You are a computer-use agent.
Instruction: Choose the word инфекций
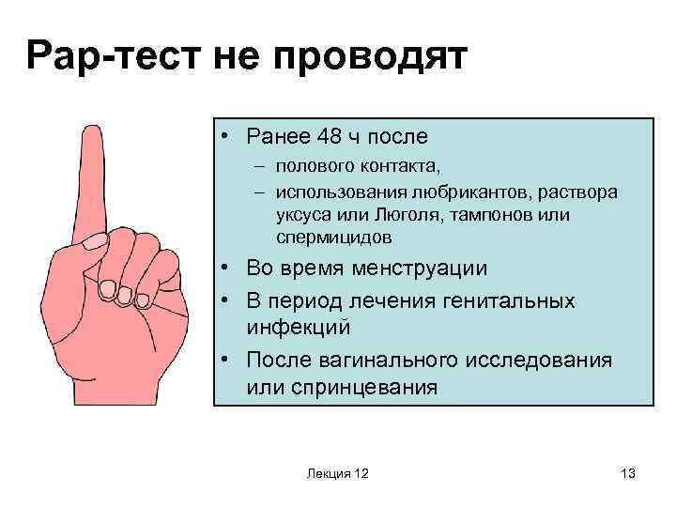[x=299, y=328]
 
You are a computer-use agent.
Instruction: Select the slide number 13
[x=628, y=473]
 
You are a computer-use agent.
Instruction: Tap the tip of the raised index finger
[x=91, y=131]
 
